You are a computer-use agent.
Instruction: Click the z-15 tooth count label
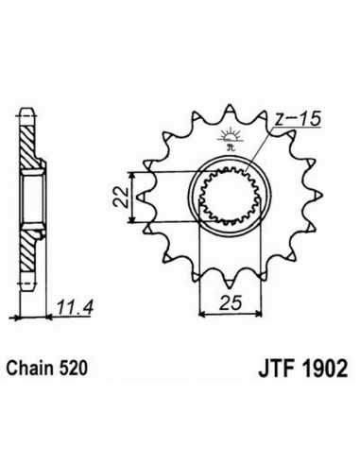[x=297, y=118]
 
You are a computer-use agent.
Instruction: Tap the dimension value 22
[x=121, y=198]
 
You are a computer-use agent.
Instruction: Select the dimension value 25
[x=231, y=302]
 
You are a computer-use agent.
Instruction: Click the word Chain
[x=27, y=368]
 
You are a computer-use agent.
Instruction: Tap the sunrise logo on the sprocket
[x=229, y=138]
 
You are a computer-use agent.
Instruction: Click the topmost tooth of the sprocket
[x=229, y=111]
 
